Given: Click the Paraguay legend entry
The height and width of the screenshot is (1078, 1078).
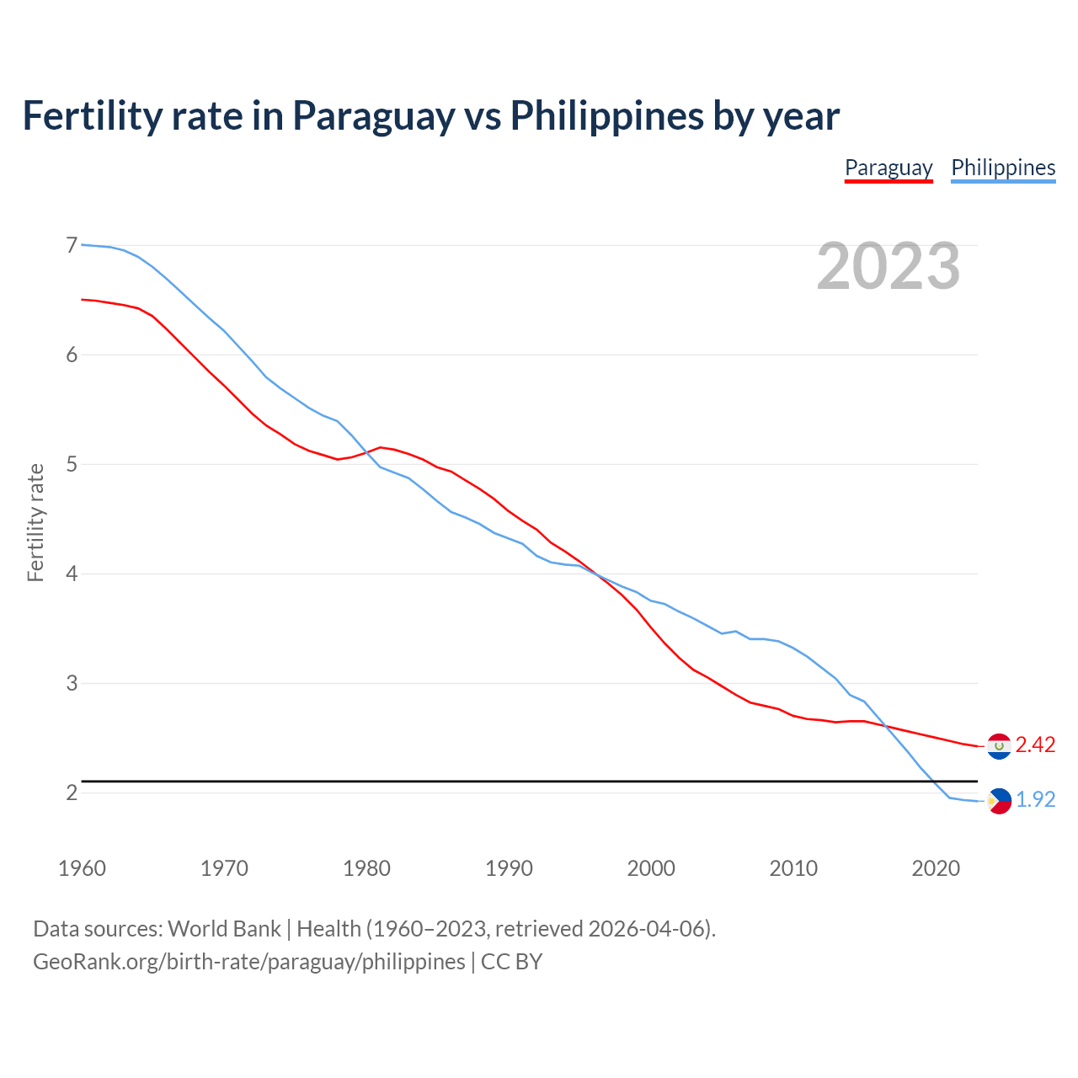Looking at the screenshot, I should tap(889, 168).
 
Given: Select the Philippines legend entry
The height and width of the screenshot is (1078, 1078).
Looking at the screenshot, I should tap(1003, 168).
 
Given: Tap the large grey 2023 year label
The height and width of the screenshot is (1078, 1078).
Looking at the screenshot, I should tap(889, 266).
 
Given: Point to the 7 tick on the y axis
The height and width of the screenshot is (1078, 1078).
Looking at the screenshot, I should tap(72, 245).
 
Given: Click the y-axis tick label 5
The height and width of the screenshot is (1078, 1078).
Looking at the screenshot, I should tap(72, 464).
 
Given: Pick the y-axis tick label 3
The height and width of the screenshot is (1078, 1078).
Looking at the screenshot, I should tap(72, 683).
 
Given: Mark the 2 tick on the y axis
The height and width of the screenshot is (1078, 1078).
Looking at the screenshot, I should tap(72, 792).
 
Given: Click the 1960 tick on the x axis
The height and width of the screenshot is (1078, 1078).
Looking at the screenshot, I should tap(82, 868).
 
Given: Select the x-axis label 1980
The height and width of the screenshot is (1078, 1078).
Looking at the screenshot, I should tap(366, 868).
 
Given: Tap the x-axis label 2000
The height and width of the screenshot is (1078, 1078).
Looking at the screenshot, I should tap(651, 868).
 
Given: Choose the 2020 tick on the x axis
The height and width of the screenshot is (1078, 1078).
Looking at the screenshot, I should tap(936, 868).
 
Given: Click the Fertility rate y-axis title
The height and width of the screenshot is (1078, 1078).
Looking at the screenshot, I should tap(35, 522).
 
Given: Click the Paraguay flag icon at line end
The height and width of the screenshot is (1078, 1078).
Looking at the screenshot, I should tap(999, 746).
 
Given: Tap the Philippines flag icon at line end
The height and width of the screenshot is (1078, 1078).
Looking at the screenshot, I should tap(999, 801).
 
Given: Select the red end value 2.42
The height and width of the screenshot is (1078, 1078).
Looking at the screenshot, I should tap(1035, 745).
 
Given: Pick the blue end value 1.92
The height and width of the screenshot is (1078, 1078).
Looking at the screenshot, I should tap(1035, 800).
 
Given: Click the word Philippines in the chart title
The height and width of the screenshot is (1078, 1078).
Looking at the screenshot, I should tap(606, 115).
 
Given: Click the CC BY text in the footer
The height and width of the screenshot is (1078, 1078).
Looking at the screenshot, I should tap(511, 962).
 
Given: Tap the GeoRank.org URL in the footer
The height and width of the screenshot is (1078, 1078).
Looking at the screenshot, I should tap(248, 962).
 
